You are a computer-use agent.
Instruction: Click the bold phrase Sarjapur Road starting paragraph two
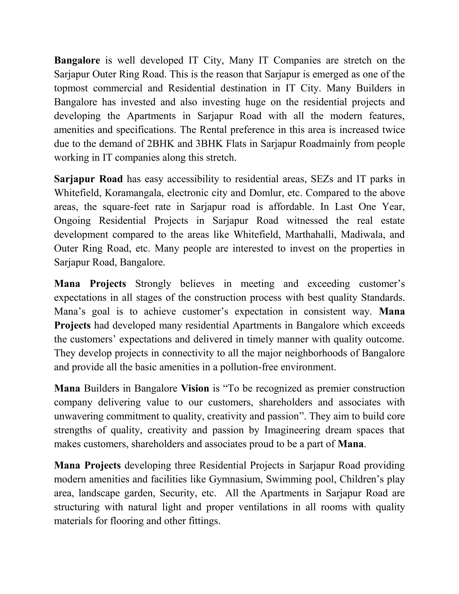[x=88, y=179]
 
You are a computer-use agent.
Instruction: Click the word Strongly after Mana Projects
[x=153, y=284]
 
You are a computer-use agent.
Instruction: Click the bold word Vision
[x=195, y=388]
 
